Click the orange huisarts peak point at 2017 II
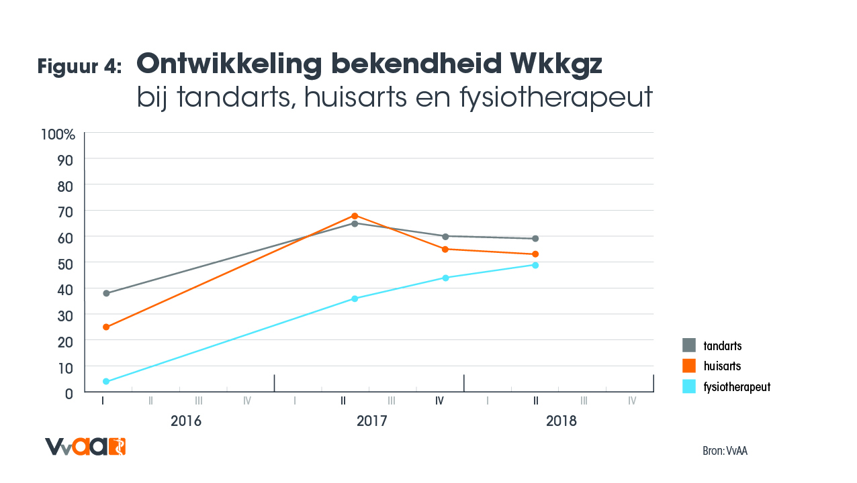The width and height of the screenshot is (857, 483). [355, 215]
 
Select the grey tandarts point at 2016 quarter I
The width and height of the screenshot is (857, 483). [106, 293]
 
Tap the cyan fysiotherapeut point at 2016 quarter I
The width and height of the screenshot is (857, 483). [106, 381]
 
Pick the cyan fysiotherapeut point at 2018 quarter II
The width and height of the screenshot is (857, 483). [535, 265]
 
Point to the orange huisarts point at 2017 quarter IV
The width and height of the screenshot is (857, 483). [445, 249]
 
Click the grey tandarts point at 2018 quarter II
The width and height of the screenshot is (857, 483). [535, 238]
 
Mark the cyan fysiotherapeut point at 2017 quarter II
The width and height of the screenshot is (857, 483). [355, 299]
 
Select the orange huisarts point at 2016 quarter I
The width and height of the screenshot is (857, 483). [106, 327]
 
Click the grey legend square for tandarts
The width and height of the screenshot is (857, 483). [689, 345]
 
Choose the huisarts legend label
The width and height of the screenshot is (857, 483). [722, 366]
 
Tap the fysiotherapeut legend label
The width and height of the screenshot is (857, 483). [736, 387]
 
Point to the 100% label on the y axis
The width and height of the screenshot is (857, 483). [58, 134]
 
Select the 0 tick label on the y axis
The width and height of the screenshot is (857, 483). [69, 393]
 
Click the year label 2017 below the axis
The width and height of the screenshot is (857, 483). [371, 422]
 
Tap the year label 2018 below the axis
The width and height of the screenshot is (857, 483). [561, 422]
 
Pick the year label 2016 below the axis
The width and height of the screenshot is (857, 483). [186, 422]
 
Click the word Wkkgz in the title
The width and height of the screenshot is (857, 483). [556, 64]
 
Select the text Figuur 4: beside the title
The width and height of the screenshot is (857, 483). [79, 66]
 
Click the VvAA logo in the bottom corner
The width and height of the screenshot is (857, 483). [85, 446]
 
